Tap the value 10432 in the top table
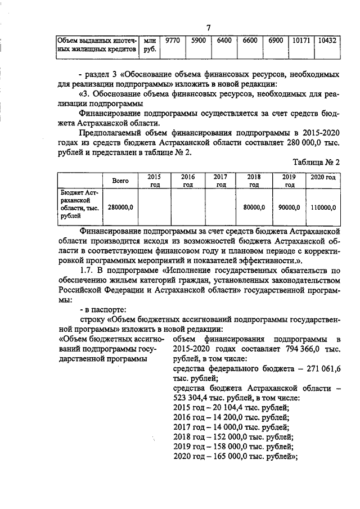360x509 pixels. click(x=327, y=40)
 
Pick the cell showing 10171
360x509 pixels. click(x=301, y=40)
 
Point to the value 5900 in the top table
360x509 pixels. click(x=198, y=40)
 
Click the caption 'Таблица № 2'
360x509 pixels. click(x=317, y=162)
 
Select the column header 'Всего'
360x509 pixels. click(x=120, y=181)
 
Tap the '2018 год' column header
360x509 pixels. click(x=254, y=181)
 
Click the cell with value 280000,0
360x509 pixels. click(x=120, y=207)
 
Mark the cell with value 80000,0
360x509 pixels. click(x=254, y=207)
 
